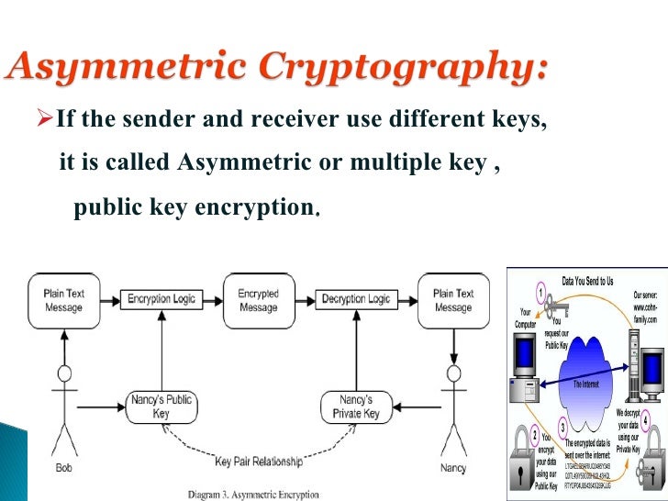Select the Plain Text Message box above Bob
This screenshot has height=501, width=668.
[64, 300]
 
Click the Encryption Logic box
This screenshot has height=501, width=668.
[161, 299]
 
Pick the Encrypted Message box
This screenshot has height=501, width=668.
[258, 300]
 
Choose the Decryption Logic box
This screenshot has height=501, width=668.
[355, 299]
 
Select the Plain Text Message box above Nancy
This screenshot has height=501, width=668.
[452, 300]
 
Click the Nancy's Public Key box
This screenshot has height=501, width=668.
[161, 406]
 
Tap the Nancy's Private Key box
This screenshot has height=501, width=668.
[355, 406]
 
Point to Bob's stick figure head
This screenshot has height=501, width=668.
[64, 373]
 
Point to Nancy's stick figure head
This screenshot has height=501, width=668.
[452, 373]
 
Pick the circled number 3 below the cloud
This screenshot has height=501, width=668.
[562, 426]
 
